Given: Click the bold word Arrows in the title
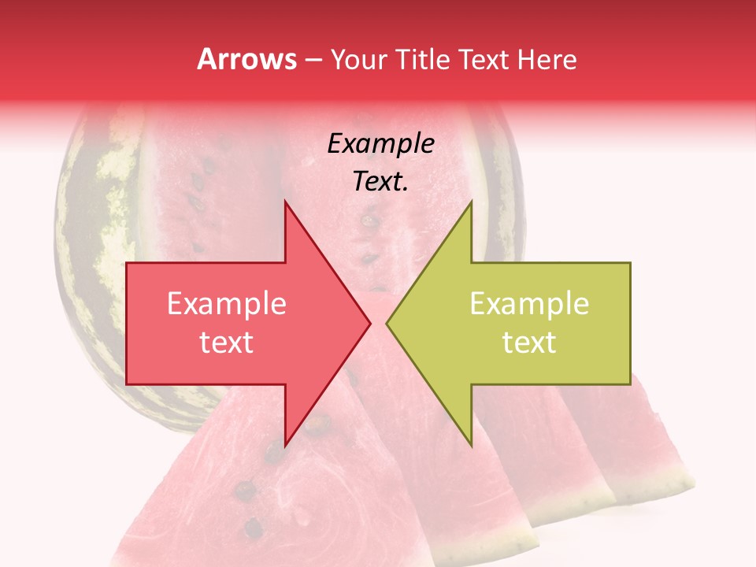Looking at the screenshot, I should (x=246, y=59).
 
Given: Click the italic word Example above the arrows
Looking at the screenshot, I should (x=381, y=144).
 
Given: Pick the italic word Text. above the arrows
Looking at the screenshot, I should (x=381, y=182).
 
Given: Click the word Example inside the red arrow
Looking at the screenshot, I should (x=227, y=304).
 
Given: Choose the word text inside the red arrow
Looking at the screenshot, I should (x=227, y=343).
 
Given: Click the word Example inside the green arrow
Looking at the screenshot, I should (x=529, y=304).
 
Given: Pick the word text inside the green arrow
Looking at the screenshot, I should (x=529, y=343).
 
